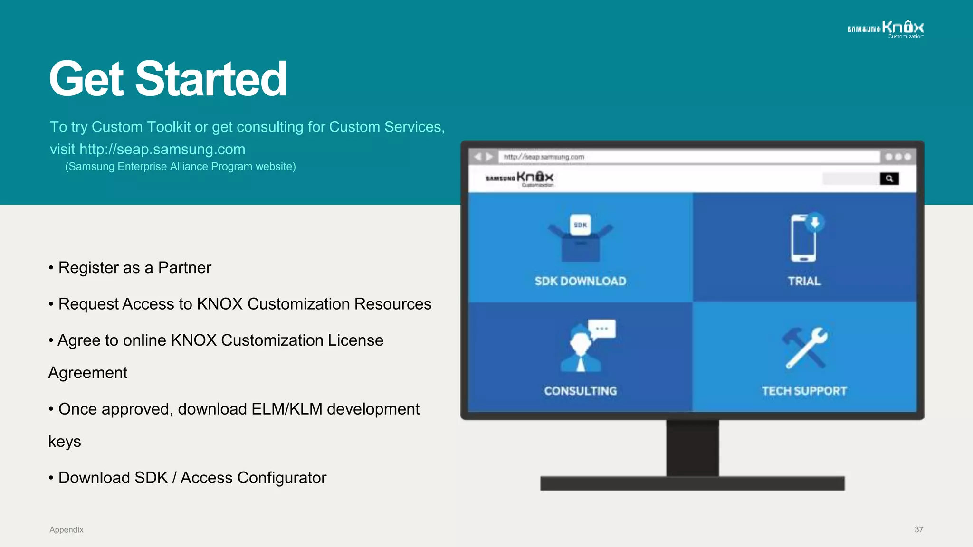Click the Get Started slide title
[168, 79]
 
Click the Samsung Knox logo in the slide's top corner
[886, 28]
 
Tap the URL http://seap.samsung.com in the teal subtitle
[162, 149]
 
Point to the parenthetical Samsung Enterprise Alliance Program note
[181, 167]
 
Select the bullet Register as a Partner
[134, 268]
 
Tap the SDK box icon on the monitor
[580, 237]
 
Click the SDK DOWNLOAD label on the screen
[580, 281]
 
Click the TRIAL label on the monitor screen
[804, 281]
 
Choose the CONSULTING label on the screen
[580, 391]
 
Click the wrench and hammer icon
[804, 348]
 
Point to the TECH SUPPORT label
[804, 391]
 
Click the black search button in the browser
[889, 179]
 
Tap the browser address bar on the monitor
[689, 157]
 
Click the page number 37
[919, 529]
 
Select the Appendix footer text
[67, 530]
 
